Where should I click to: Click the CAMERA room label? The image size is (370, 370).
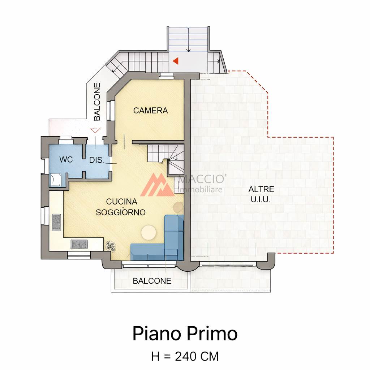151,111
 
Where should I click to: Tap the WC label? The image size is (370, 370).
66,159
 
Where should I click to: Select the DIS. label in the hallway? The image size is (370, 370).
97,160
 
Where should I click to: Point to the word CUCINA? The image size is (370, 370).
122,202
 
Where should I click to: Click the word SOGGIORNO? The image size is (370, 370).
121,212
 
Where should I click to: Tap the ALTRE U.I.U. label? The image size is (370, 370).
261,194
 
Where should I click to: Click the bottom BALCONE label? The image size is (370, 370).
152,281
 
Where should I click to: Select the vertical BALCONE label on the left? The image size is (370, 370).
97,102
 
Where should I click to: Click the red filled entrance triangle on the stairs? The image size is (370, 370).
176,61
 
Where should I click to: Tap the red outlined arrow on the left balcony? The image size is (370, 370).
95,130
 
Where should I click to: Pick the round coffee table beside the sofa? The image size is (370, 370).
149,232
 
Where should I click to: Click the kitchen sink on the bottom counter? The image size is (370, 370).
79,244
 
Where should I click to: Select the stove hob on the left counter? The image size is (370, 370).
56,222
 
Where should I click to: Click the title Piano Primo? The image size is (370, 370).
185,334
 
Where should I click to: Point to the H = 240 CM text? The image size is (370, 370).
185,356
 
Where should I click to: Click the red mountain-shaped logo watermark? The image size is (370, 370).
158,185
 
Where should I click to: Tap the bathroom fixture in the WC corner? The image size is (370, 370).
56,180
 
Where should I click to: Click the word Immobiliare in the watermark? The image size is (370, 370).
201,189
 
